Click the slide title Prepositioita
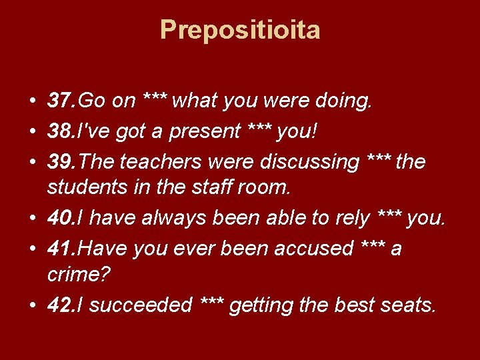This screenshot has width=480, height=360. (x=240, y=30)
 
